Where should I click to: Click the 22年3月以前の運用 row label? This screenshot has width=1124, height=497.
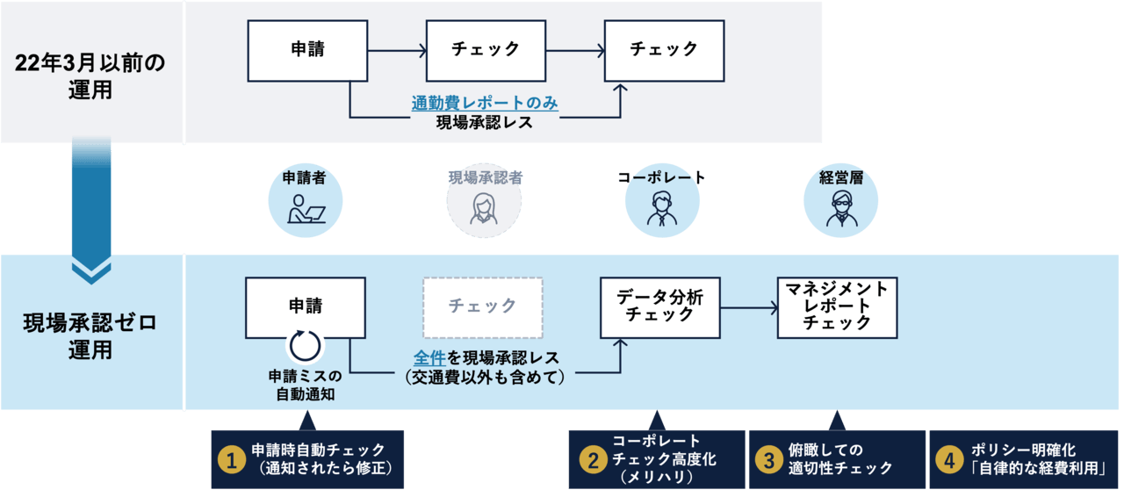tap(90, 76)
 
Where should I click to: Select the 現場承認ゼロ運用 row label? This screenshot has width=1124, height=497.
tap(90, 336)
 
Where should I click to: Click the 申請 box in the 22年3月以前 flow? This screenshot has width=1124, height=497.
tap(307, 51)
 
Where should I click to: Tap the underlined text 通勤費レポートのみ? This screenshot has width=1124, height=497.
tap(485, 104)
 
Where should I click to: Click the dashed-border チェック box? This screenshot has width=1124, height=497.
tap(483, 307)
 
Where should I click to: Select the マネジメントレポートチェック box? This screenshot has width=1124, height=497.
tap(837, 307)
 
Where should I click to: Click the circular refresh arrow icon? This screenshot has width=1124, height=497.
tap(306, 345)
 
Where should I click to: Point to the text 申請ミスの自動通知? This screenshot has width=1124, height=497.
tap(306, 385)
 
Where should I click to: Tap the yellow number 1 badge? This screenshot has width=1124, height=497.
tap(231, 459)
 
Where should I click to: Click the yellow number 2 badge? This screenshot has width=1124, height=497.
tap(592, 459)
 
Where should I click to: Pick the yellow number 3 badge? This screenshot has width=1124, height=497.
tap(769, 459)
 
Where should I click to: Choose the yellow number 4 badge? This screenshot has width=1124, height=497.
tap(949, 459)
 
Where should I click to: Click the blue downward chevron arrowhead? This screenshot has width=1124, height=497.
tap(91, 272)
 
